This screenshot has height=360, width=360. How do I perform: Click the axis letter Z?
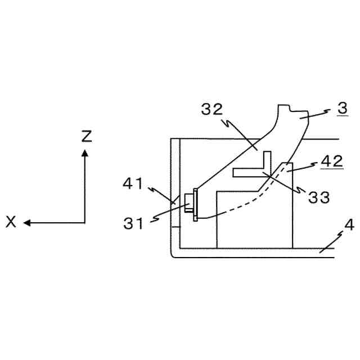(x=85, y=137)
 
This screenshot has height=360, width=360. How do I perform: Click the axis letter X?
(x=11, y=223)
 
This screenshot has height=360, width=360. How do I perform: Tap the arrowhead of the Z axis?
(x=85, y=152)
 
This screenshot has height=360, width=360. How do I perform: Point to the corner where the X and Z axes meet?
(x=85, y=223)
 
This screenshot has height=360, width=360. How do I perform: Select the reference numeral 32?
(x=212, y=109)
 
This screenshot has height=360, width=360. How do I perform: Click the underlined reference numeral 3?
(x=341, y=109)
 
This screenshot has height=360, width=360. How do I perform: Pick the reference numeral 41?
(x=134, y=183)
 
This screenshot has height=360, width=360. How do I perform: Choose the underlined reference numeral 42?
(x=331, y=161)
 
